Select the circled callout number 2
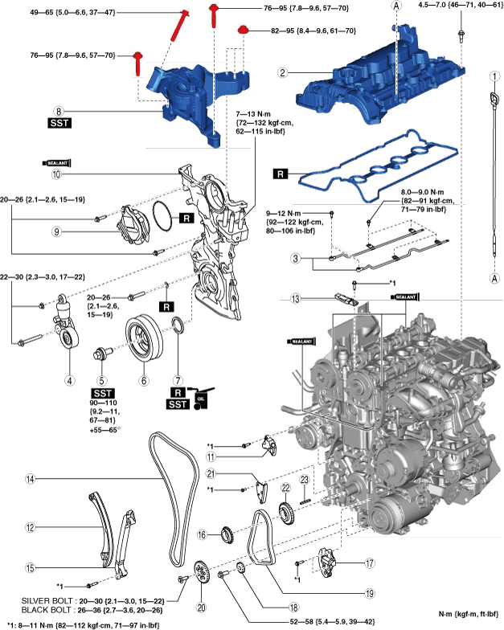pyautogui.click(x=282, y=72)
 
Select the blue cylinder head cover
pyautogui.click(x=370, y=72)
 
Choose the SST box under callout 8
pyautogui.click(x=59, y=125)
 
